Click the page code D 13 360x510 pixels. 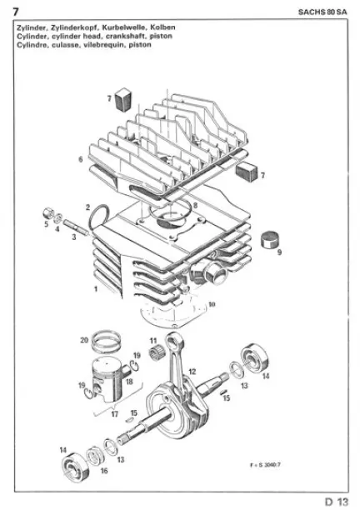tap(337, 502)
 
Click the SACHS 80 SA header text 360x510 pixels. tap(322, 12)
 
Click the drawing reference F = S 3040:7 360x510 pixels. tap(265, 464)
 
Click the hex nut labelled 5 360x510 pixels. tap(48, 213)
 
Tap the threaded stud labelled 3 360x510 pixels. tap(75, 226)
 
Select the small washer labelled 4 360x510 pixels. tap(58, 218)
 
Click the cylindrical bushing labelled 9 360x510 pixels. tap(271, 239)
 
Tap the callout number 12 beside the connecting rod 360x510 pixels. tap(192, 372)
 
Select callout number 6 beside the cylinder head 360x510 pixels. tap(80, 159)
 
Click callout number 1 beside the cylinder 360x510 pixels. tap(96, 288)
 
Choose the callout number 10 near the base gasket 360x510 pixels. tap(212, 304)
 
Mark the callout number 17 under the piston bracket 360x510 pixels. tap(114, 414)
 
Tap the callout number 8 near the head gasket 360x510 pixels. tap(195, 205)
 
